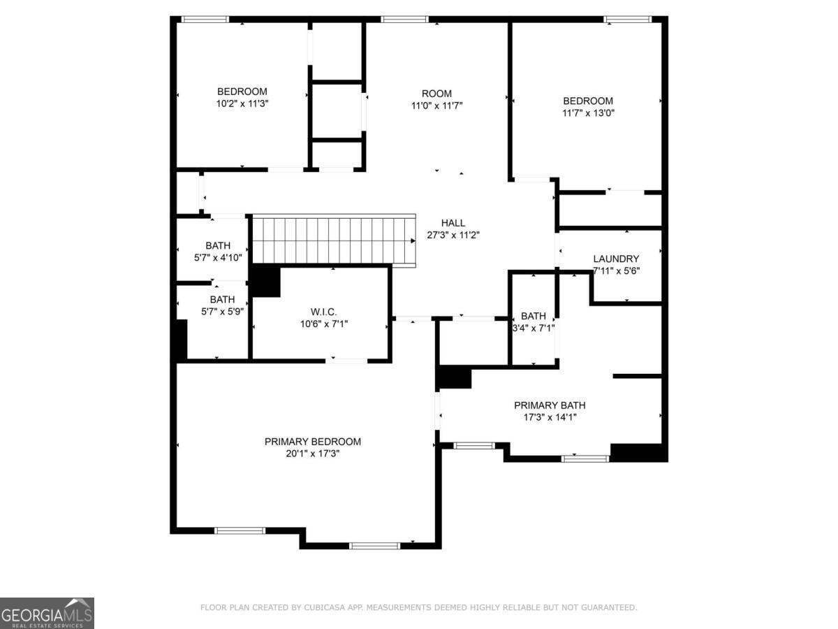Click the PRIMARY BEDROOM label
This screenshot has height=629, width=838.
pos(312,442)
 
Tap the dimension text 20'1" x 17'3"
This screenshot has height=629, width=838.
pos(312,454)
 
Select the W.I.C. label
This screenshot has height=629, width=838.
pos(324,312)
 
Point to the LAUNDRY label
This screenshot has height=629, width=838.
pos(616,259)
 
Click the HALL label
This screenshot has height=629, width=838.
pos(453,223)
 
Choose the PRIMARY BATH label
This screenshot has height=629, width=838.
pos(550,405)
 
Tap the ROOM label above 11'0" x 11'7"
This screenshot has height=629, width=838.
pos(436,94)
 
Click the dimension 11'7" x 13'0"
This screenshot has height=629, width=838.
pos(588,113)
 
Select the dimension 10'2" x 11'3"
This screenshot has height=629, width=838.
pos(242,103)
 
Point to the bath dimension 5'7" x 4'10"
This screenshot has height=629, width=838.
pos(218,258)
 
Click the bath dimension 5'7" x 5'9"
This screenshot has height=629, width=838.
pos(222,312)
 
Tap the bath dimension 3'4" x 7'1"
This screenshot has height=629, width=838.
pos(534,328)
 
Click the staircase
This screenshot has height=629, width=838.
pos(334,239)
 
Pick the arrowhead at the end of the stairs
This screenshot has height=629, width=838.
pos(413,240)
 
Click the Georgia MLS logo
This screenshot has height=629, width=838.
pos(47,613)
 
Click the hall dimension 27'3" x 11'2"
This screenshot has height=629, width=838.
pos(453,235)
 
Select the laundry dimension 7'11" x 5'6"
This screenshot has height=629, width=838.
pos(616,270)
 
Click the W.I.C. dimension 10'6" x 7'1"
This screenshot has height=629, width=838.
pos(324,324)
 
